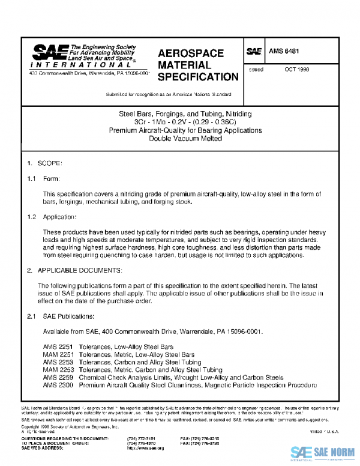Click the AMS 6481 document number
tap(283, 52)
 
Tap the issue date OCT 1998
tap(297, 70)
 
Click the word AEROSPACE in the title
tap(190, 53)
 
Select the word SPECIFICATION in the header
tap(197, 77)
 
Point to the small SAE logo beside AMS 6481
tap(254, 52)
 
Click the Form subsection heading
tap(51, 179)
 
